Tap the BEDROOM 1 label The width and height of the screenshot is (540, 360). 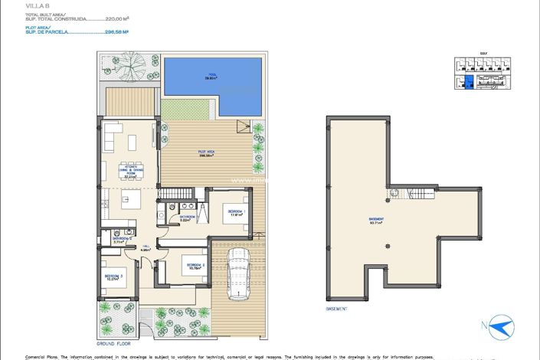pos(235,212)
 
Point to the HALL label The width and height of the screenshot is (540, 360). pos(144,247)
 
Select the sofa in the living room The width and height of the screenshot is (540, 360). pos(113,138)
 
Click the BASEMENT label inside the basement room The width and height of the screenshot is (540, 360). pos(376,221)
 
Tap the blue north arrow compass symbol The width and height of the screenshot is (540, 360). pos(501,329)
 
